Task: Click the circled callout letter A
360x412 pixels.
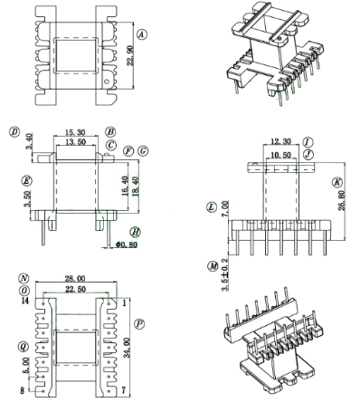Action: [x=142, y=34]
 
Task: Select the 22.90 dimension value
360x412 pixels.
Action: [x=130, y=56]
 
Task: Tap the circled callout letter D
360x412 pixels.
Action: [x=14, y=132]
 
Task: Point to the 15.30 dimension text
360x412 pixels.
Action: [x=75, y=132]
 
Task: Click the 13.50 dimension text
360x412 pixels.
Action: [x=75, y=142]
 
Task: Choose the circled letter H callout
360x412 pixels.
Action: [x=136, y=232]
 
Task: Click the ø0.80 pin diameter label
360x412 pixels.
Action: [x=127, y=244]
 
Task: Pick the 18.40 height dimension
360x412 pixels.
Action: [x=135, y=187]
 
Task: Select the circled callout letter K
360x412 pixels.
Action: [x=337, y=182]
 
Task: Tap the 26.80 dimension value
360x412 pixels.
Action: [x=343, y=200]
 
